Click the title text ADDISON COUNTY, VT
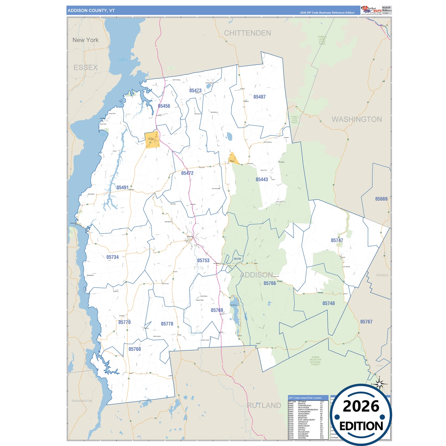(91, 10)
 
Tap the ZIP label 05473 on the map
(195, 90)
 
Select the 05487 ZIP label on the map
(260, 97)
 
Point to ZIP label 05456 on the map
(164, 106)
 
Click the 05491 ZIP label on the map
(123, 188)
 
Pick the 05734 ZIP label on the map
(113, 257)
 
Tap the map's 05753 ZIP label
(203, 261)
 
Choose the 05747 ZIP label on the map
(337, 240)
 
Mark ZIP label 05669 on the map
(381, 199)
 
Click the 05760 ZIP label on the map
(135, 349)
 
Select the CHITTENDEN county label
(248, 33)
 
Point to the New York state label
(85, 40)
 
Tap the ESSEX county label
(85, 68)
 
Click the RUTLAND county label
(264, 406)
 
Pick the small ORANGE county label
(382, 275)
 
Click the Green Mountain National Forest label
(315, 361)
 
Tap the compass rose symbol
(380, 384)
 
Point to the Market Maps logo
(371, 10)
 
